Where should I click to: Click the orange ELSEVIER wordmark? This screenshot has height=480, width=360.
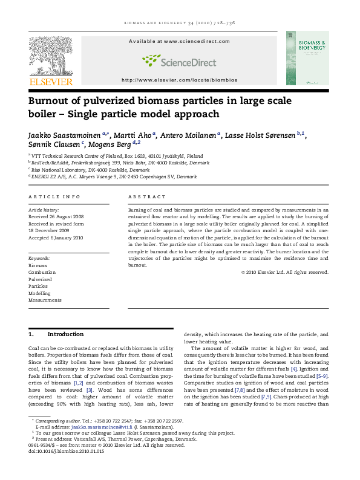pyautogui.click(x=51, y=82)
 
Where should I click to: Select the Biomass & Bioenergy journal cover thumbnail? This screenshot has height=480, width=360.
pyautogui.click(x=307, y=58)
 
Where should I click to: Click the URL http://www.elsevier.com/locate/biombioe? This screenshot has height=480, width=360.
pyautogui.click(x=179, y=80)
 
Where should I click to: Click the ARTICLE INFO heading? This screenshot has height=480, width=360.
pyautogui.click(x=54, y=197)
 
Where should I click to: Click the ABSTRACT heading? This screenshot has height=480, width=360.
pyautogui.click(x=147, y=197)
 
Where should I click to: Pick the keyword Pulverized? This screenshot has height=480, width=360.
pyautogui.click(x=41, y=280)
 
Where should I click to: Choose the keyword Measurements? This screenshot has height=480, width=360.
pyautogui.click(x=45, y=300)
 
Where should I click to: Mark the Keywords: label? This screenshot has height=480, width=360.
pyautogui.click(x=39, y=258)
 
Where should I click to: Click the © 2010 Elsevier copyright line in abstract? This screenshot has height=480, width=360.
pyautogui.click(x=284, y=272)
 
